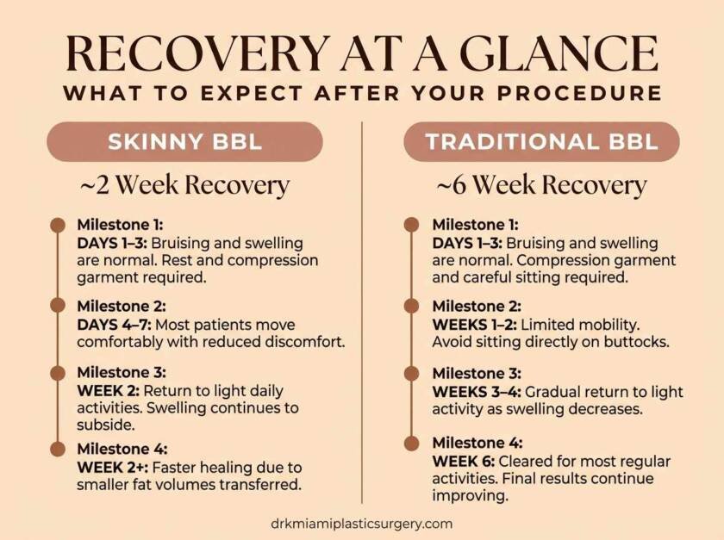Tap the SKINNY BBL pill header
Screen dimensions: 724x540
(x=184, y=142)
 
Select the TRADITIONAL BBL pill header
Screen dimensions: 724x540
(x=541, y=142)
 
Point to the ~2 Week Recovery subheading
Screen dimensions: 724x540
(x=184, y=185)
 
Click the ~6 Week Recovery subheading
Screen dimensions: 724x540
(x=541, y=185)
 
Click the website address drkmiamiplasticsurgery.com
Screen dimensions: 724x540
(x=361, y=524)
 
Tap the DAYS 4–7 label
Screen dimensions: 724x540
(x=114, y=325)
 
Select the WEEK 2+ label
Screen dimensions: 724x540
(x=113, y=468)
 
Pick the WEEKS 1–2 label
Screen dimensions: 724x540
(x=475, y=325)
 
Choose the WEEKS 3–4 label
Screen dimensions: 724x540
(x=477, y=392)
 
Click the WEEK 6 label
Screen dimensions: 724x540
(x=464, y=461)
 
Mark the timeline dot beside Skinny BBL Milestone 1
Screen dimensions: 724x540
(x=58, y=226)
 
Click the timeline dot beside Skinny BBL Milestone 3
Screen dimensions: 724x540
(x=58, y=373)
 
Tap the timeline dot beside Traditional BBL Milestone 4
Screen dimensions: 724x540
(x=411, y=443)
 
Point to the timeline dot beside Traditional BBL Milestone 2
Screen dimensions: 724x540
(x=411, y=306)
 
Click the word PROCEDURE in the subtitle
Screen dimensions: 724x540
(x=579, y=93)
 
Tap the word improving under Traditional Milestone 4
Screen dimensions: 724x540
(x=470, y=496)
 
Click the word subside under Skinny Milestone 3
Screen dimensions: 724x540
(x=105, y=425)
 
